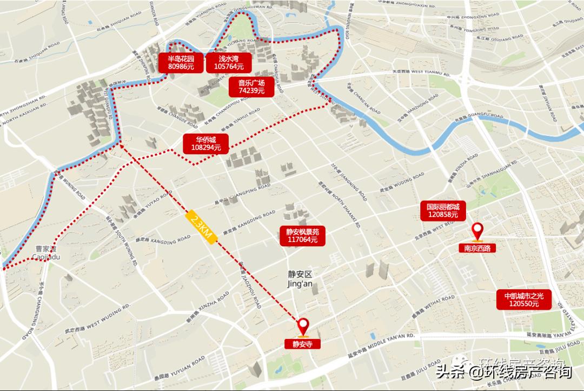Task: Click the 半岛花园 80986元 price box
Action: pyautogui.click(x=181, y=62)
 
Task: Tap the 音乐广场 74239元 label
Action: pyautogui.click(x=251, y=87)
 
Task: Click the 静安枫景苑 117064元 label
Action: pyautogui.click(x=302, y=236)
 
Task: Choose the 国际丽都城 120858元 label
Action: pyautogui.click(x=442, y=211)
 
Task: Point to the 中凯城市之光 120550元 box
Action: pyautogui.click(x=523, y=299)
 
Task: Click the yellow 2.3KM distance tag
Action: pyautogui.click(x=201, y=229)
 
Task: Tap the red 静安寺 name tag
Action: pyautogui.click(x=303, y=344)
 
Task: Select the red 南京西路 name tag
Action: pyautogui.click(x=477, y=249)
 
